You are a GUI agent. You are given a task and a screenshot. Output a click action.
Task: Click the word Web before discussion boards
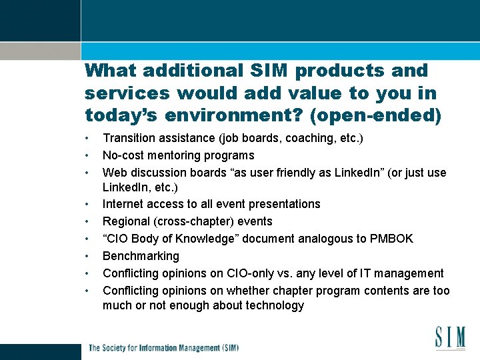pyautogui.click(x=114, y=173)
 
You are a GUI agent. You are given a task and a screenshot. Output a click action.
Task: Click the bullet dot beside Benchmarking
pyautogui.click(x=87, y=256)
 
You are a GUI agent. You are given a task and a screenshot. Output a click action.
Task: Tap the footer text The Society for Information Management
pyautogui.click(x=163, y=347)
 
